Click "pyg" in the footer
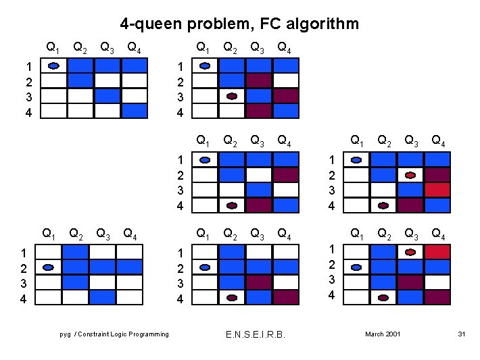[x=65, y=334]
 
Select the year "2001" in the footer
[x=393, y=334]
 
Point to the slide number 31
[x=462, y=334]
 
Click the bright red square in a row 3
[x=437, y=190]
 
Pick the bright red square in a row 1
[x=437, y=252]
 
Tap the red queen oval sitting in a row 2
[x=410, y=175]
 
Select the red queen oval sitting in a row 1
[x=410, y=252]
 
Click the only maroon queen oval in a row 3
[x=232, y=96]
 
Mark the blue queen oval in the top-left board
[x=54, y=66]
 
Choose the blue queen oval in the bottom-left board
[x=49, y=267]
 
